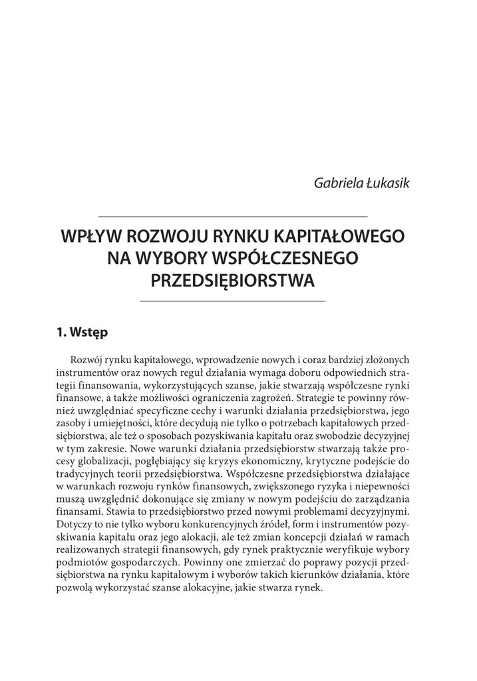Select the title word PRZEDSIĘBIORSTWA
coord(232,279)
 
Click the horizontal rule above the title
coord(232,216)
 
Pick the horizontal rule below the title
coord(232,301)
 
